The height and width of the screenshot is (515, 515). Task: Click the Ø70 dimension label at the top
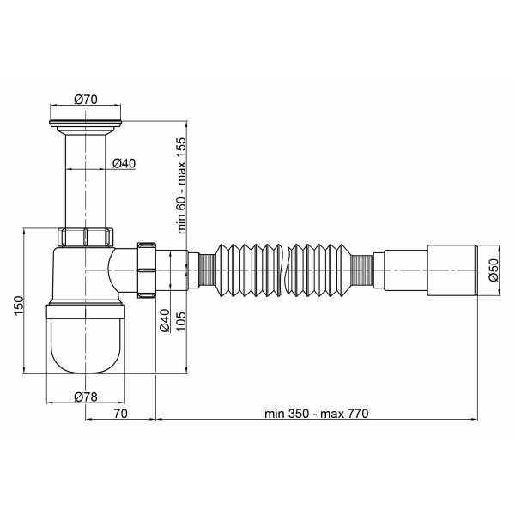(86, 99)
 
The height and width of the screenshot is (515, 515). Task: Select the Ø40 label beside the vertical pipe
(124, 163)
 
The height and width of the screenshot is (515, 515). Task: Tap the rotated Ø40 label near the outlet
(164, 320)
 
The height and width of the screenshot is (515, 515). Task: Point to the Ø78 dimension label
(86, 397)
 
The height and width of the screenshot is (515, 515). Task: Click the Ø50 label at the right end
(494, 270)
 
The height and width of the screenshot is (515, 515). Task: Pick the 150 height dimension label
(19, 306)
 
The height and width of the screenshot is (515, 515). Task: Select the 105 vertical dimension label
(180, 321)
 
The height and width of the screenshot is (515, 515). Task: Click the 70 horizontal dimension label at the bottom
(120, 414)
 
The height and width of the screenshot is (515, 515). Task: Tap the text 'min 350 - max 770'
(317, 414)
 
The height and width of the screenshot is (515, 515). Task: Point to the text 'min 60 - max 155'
(181, 185)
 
